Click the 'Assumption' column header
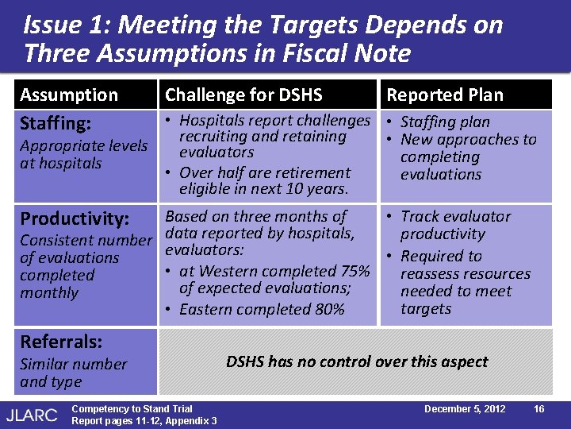pos(69,95)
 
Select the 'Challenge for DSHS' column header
pos(243,95)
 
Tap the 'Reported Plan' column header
pos(444,95)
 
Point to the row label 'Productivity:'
pos(75,218)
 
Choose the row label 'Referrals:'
pos(61,342)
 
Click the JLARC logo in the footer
pos(33,413)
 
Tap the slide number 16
pos(538,409)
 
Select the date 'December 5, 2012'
pos(465,409)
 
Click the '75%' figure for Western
pos(354,272)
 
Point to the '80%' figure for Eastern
pos(329,310)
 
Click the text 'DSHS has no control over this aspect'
pos(357,361)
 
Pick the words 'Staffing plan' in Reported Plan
pos(445,122)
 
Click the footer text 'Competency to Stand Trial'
pos(132,409)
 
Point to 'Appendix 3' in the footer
pos(189,420)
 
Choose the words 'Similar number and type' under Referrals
pos(73,373)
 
